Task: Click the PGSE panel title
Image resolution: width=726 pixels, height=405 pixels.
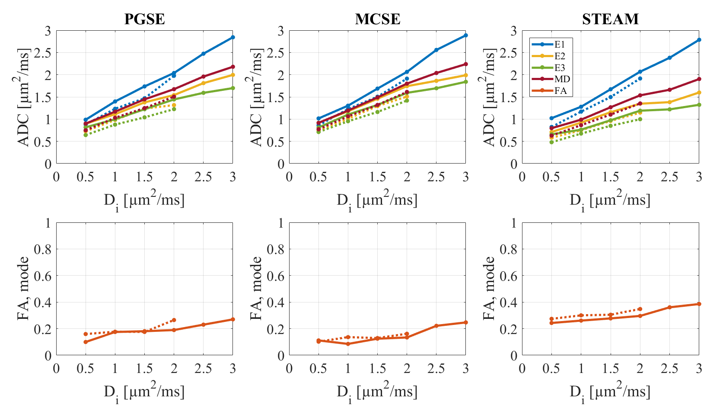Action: coord(144,19)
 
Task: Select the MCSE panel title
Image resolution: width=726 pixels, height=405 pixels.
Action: coord(377,19)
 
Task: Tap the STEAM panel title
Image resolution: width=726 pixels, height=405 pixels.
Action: coord(610,19)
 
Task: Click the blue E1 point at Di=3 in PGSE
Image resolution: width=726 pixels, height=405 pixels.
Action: coord(233,37)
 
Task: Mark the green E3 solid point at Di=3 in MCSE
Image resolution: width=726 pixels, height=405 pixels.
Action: coord(466,82)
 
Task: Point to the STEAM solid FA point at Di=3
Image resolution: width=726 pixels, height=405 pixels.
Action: coord(699,304)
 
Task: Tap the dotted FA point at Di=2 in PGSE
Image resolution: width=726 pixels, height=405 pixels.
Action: coord(174,320)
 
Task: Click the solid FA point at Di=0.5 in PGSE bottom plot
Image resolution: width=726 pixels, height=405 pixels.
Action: coord(86,342)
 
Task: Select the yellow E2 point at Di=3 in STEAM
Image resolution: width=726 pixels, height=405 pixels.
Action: coord(699,93)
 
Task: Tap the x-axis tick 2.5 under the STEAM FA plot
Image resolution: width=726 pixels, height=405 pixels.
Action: coord(669,369)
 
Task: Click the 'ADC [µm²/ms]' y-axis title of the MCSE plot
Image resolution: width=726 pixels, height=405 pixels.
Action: coord(258,97)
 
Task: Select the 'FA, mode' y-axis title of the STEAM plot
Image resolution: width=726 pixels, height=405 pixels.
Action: coord(490,288)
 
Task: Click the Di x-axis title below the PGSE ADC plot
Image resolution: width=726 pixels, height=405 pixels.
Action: coord(144,200)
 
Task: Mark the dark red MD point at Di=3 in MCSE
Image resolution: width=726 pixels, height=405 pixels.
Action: coord(466,64)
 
